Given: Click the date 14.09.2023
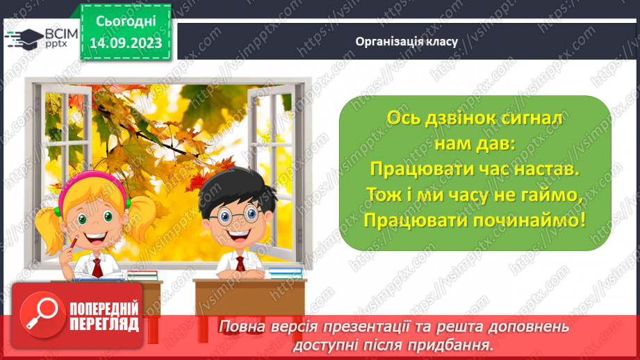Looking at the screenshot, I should pyautogui.click(x=126, y=43).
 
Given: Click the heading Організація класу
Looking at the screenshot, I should pyautogui.click(x=407, y=41).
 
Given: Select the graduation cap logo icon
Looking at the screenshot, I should pyautogui.click(x=22, y=38).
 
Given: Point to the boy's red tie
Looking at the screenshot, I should pyautogui.click(x=240, y=264).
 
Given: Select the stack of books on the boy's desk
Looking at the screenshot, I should pyautogui.click(x=285, y=272).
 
